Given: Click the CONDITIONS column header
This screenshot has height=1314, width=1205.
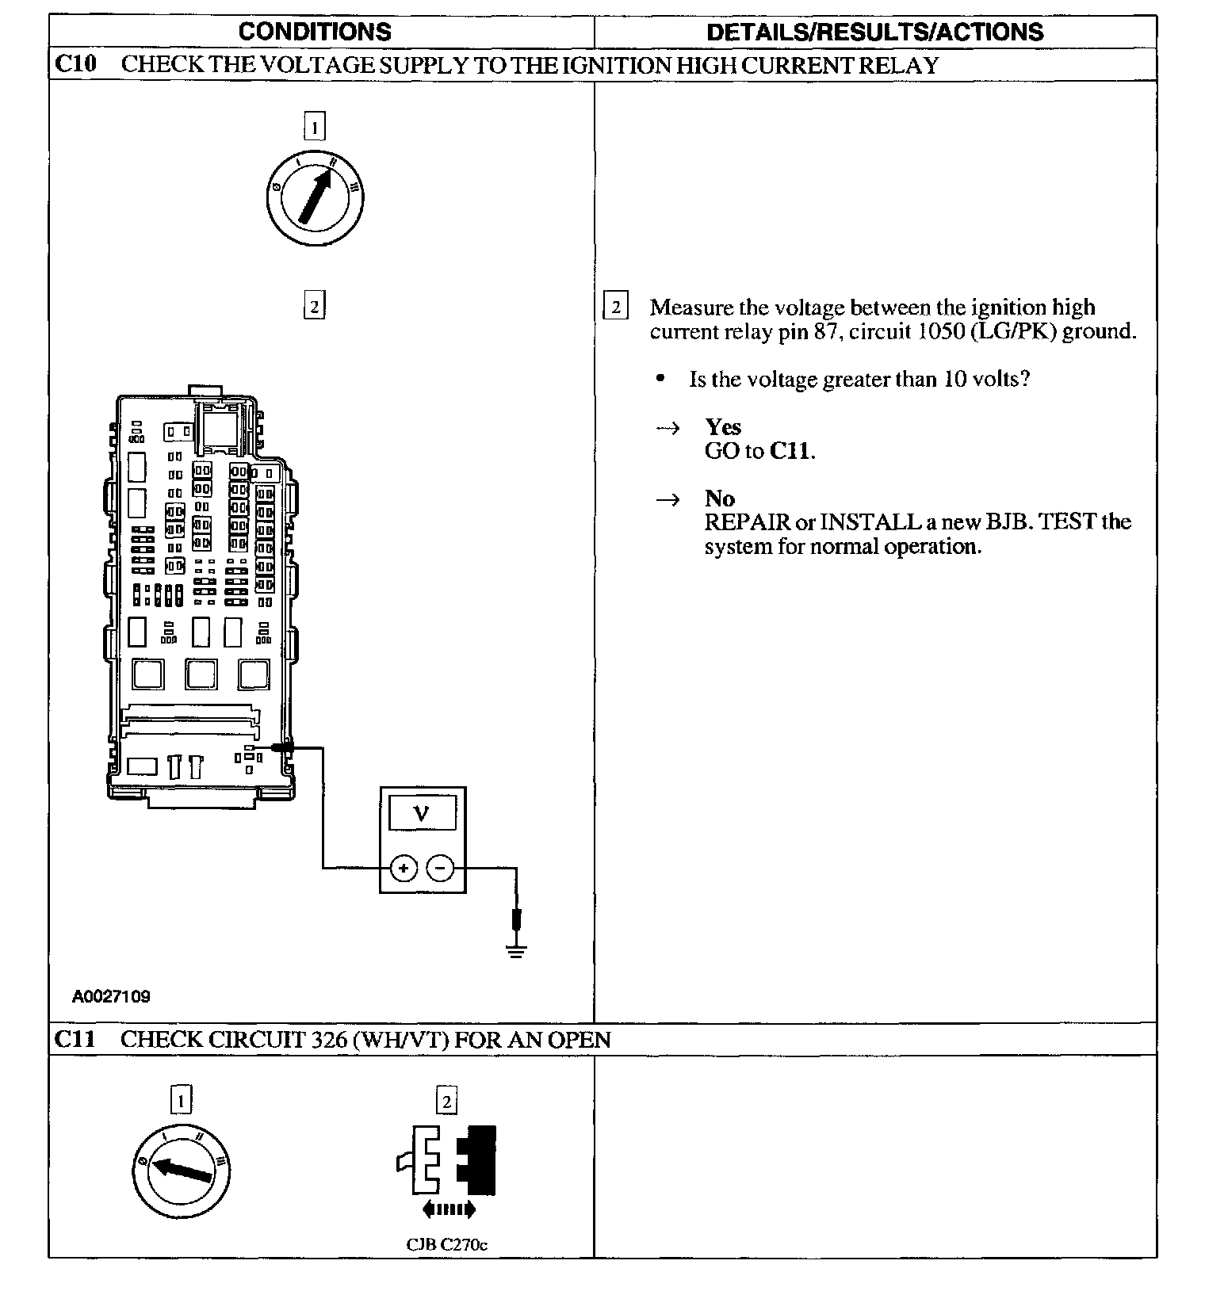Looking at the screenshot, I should point(315,32).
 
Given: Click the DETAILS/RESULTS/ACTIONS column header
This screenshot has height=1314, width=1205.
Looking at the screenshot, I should point(874,32).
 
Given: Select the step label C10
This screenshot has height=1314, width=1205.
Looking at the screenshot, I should point(75,64).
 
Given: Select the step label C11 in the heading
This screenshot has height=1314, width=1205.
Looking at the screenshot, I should point(75,1039).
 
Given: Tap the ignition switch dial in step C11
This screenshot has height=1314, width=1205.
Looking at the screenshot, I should point(181,1170).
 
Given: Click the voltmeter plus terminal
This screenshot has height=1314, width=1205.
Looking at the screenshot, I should point(404,869).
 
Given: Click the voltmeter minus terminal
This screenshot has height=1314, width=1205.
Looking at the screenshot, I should point(441,869).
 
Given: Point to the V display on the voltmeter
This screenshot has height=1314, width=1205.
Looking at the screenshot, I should point(423,813).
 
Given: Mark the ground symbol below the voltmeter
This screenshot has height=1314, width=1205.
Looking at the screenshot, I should point(516,949).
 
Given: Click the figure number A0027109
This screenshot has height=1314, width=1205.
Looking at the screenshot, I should point(111,996).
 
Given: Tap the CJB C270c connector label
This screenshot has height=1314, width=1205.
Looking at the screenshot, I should point(446,1244).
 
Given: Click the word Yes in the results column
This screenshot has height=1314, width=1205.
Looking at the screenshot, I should point(723,427).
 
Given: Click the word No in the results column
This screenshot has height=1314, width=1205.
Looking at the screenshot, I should point(719,498).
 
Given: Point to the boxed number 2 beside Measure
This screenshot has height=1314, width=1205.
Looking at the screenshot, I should point(616,307).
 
